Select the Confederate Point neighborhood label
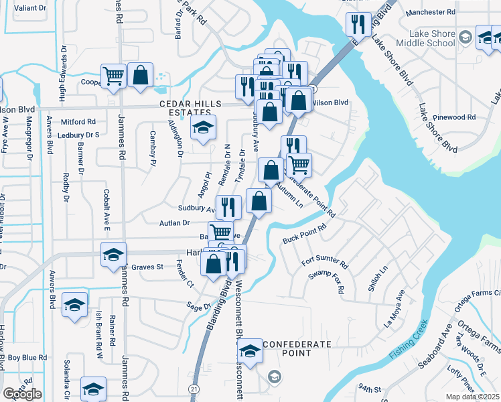pyautogui.click(x=297, y=348)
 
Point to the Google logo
pyautogui.click(x=22, y=394)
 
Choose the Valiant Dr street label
pyautogui.click(x=21, y=8)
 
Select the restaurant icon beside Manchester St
pyautogui.click(x=358, y=25)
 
